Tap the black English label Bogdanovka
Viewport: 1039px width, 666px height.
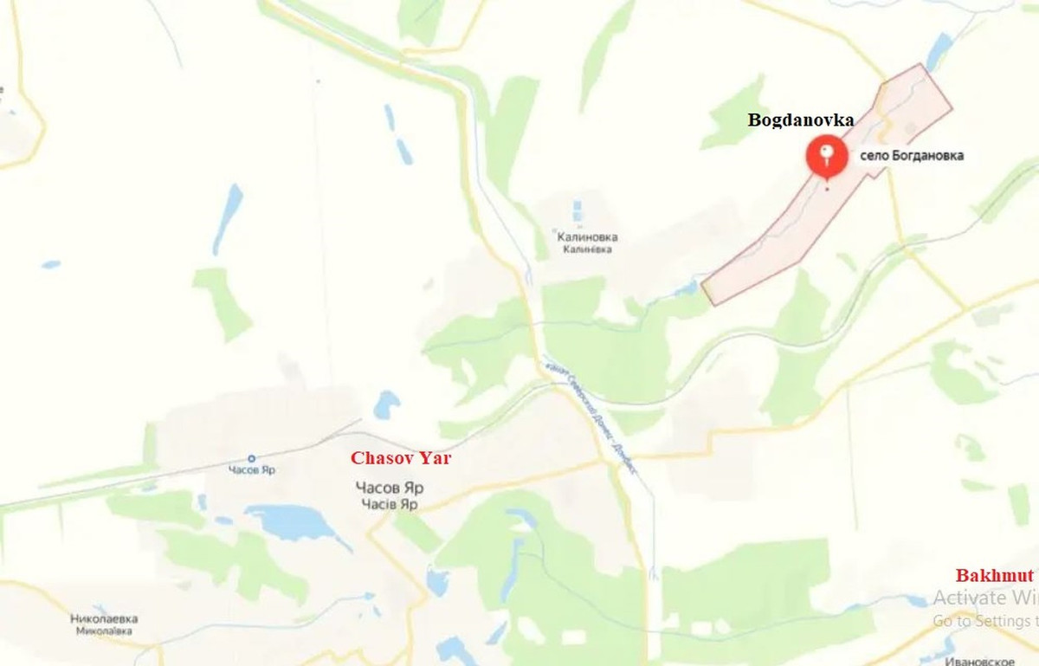click(801, 120)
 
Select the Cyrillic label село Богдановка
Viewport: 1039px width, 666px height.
click(912, 157)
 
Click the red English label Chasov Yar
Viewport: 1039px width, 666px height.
click(400, 457)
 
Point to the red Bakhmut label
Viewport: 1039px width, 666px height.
click(995, 575)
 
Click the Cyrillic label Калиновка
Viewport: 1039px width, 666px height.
click(589, 236)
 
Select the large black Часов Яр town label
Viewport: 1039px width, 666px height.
click(390, 488)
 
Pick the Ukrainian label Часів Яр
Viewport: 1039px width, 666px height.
click(390, 503)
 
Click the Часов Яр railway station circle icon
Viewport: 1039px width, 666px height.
click(252, 458)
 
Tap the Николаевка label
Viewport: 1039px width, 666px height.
click(104, 618)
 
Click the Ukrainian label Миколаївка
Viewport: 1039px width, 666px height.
click(104, 631)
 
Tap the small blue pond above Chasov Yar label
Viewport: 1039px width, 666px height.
click(386, 404)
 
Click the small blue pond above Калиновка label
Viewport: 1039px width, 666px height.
click(578, 210)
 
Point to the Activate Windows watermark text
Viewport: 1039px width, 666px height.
click(983, 598)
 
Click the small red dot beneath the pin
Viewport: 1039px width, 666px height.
click(827, 187)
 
